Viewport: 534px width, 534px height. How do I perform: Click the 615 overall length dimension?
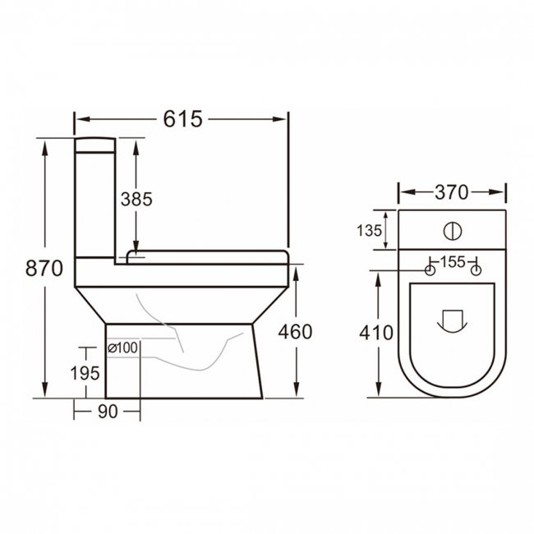(182, 119)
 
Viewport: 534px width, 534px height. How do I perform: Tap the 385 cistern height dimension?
(136, 199)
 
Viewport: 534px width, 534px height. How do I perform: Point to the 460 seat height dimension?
(295, 331)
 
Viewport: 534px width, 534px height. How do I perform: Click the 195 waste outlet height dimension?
(85, 372)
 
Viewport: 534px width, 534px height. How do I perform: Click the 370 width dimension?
(451, 192)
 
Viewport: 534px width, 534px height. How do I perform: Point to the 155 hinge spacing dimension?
(452, 262)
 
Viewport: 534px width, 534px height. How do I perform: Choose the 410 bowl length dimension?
(377, 333)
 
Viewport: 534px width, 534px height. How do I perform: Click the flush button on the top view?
(453, 231)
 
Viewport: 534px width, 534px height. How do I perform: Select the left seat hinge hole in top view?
(429, 270)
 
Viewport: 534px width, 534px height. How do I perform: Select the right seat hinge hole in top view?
(476, 270)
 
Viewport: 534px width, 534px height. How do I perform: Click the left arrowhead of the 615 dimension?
(79, 119)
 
